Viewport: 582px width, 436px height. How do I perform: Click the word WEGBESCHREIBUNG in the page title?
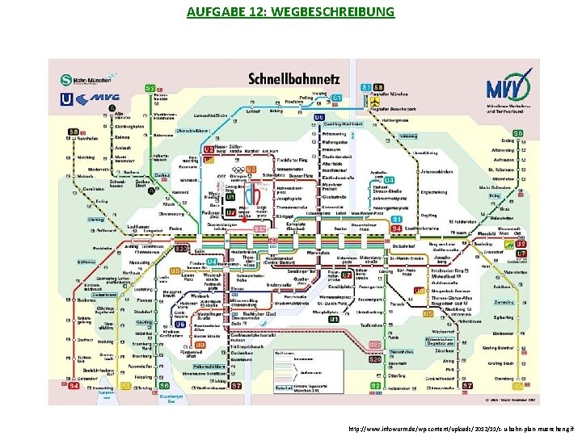[338, 12]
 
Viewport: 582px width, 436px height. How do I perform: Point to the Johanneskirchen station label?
[435, 171]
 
